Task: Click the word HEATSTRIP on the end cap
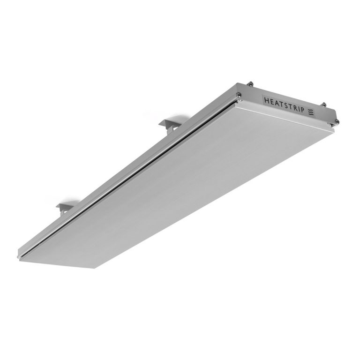tap(284, 105)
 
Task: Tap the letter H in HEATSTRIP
tap(267, 100)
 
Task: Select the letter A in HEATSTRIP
tap(277, 103)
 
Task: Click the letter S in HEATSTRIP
tap(287, 105)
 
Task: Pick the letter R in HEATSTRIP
tap(296, 107)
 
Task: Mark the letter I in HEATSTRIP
tap(300, 108)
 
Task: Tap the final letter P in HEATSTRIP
tap(303, 109)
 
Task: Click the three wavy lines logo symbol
tap(311, 112)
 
